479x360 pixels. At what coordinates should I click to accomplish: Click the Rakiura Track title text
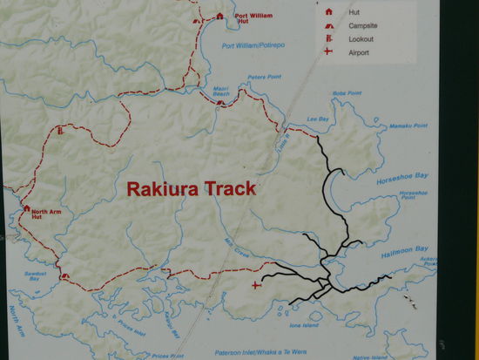pos(191,188)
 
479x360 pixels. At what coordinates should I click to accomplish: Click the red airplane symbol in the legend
pos(328,52)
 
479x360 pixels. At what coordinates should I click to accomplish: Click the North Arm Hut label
pos(47,214)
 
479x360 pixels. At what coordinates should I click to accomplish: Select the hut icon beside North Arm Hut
pos(26,208)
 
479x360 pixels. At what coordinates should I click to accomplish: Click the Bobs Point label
pos(346,94)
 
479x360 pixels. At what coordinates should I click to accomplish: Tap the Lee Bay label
pos(317,120)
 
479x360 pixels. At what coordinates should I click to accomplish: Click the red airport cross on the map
pos(255,285)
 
